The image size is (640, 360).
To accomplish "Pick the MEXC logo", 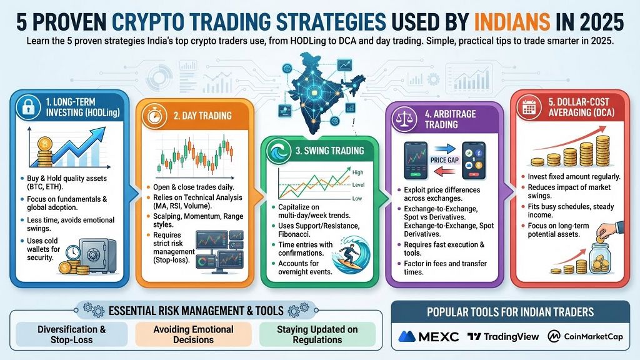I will point(429,336).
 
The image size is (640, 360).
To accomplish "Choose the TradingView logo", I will point(503,336).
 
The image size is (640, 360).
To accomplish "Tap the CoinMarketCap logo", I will point(585,336).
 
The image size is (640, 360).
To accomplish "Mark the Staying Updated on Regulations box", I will point(317,334).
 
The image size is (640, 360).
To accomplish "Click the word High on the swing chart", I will point(358,172).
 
